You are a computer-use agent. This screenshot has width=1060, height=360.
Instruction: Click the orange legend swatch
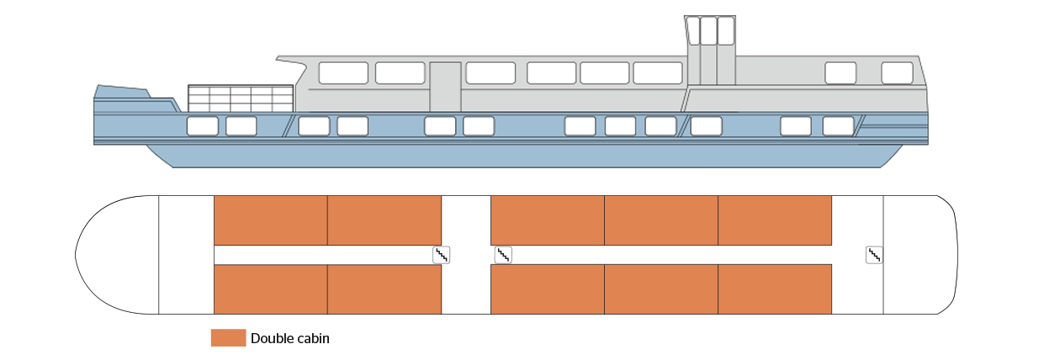point(228,338)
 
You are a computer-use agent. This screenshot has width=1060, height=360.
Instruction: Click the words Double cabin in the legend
point(290,339)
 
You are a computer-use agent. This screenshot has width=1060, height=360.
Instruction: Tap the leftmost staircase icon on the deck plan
point(441,255)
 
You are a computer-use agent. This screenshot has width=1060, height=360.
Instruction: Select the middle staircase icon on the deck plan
point(503,255)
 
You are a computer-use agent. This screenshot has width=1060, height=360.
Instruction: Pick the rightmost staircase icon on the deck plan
point(874,254)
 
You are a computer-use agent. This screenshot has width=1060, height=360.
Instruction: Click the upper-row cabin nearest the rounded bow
point(270,220)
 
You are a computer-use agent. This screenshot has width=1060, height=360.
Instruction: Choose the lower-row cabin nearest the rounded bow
point(270,289)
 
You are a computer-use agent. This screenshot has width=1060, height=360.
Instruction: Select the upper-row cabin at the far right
point(775,220)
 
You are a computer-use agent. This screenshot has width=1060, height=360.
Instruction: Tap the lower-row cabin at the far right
point(775,289)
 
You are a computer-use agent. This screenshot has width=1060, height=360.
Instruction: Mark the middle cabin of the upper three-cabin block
point(661,220)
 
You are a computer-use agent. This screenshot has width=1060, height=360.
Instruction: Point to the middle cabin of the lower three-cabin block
point(661,289)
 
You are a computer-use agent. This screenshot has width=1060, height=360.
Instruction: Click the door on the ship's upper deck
point(445,86)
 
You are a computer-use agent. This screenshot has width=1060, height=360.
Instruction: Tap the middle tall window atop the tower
point(708,30)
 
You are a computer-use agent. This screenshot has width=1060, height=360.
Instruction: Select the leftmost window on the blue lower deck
point(202,127)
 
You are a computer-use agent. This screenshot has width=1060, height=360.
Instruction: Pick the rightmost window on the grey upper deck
point(897,73)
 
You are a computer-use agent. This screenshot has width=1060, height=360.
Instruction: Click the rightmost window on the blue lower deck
point(838,126)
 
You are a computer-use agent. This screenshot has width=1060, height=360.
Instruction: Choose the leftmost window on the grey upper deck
point(343,73)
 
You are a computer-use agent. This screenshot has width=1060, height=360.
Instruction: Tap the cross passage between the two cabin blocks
point(466,254)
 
